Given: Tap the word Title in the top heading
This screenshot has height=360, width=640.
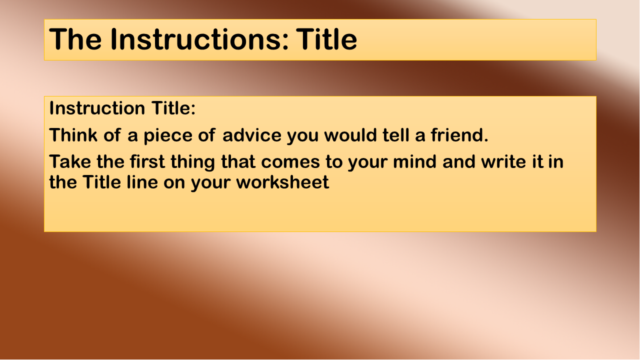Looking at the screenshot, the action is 326,39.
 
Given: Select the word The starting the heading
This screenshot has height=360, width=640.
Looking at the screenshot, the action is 75,39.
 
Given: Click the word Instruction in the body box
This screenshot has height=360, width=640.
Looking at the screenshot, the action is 97,108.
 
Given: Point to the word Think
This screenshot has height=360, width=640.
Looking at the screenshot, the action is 73,135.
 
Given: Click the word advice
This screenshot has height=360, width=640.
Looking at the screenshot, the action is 251,135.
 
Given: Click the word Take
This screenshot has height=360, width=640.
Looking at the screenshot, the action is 70,161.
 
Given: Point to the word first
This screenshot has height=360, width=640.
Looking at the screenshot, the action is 147,161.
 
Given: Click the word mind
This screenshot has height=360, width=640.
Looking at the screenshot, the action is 414,161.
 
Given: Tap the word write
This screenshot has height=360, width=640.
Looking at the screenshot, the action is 503,161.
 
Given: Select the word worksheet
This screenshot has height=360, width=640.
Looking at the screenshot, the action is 282,182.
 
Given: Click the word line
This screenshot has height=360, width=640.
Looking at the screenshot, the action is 142,182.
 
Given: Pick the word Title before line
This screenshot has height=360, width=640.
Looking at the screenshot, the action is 101,182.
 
